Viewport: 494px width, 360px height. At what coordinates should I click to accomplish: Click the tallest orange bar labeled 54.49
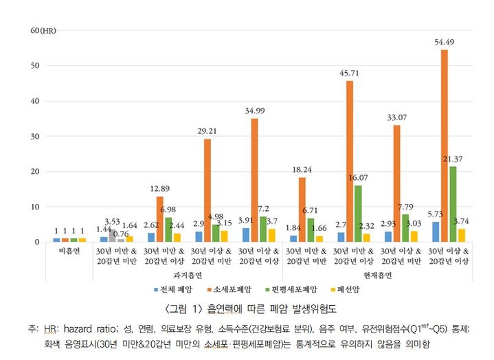(x=445, y=146)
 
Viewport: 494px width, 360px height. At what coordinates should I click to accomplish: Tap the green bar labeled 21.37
(x=453, y=204)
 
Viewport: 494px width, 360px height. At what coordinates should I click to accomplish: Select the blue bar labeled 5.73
(x=436, y=232)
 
